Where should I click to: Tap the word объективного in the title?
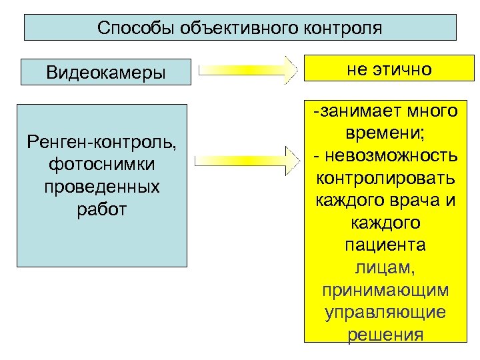tap(235, 28)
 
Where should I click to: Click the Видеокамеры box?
tap(105, 72)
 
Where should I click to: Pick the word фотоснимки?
tap(105, 164)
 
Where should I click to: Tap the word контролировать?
tap(386, 179)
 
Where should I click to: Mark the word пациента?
tap(386, 246)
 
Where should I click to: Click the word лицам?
tap(386, 268)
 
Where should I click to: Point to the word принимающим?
tap(386, 291)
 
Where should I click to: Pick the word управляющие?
tap(386, 313)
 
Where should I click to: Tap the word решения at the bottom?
tap(386, 335)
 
